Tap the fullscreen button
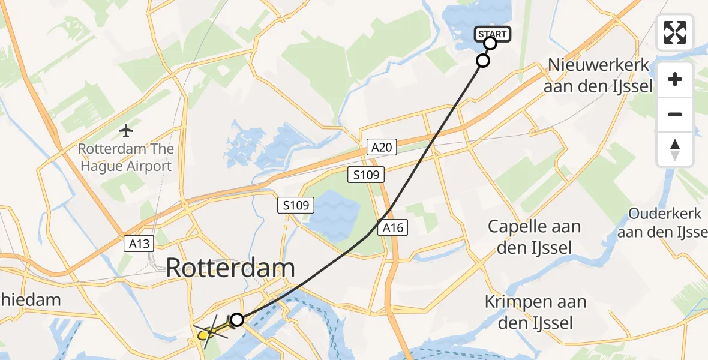675,32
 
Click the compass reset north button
675,149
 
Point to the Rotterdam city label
230,268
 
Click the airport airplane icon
126,130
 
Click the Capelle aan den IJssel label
534,236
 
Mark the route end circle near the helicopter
237,320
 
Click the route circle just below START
483,60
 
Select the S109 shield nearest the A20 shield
365,175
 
